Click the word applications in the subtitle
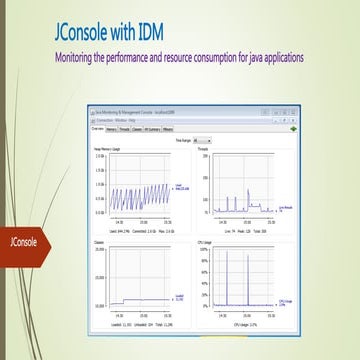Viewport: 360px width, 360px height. click(x=283, y=56)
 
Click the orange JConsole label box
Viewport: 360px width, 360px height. click(x=23, y=240)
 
